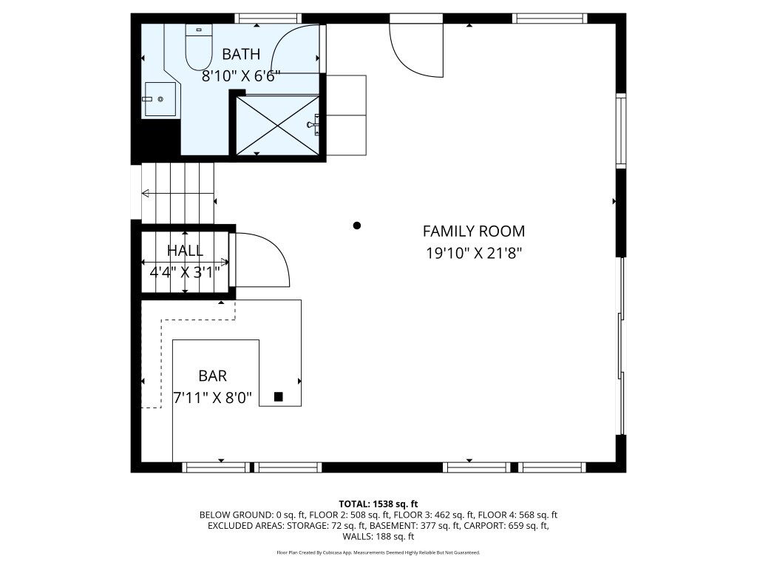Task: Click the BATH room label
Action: tap(241, 54)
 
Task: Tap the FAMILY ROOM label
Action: tap(474, 231)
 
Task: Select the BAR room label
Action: tap(212, 376)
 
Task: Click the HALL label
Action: tap(185, 250)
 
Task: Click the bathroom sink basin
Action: tap(160, 99)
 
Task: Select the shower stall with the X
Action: tap(278, 126)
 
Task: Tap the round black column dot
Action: tap(357, 225)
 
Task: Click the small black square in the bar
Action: tap(278, 397)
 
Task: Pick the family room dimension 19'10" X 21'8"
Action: tap(474, 253)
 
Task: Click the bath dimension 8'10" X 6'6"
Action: tap(241, 76)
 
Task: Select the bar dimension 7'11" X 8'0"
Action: tap(212, 398)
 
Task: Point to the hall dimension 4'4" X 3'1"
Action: tap(185, 273)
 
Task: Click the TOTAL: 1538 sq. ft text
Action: tap(378, 504)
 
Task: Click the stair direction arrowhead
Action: tap(145, 194)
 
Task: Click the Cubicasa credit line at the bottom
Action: tap(378, 552)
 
